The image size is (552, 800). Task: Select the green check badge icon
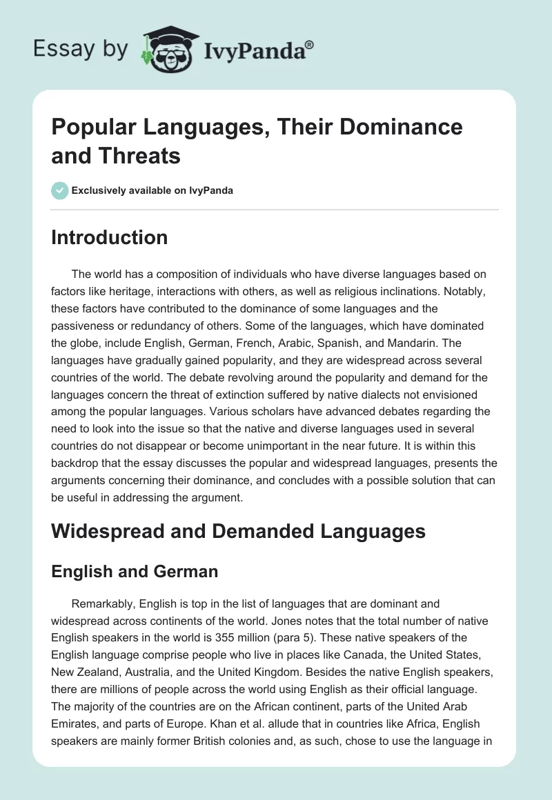(x=59, y=190)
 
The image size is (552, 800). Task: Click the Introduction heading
(x=110, y=237)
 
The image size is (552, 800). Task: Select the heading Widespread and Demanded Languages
(x=238, y=531)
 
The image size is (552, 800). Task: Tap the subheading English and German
(x=135, y=571)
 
